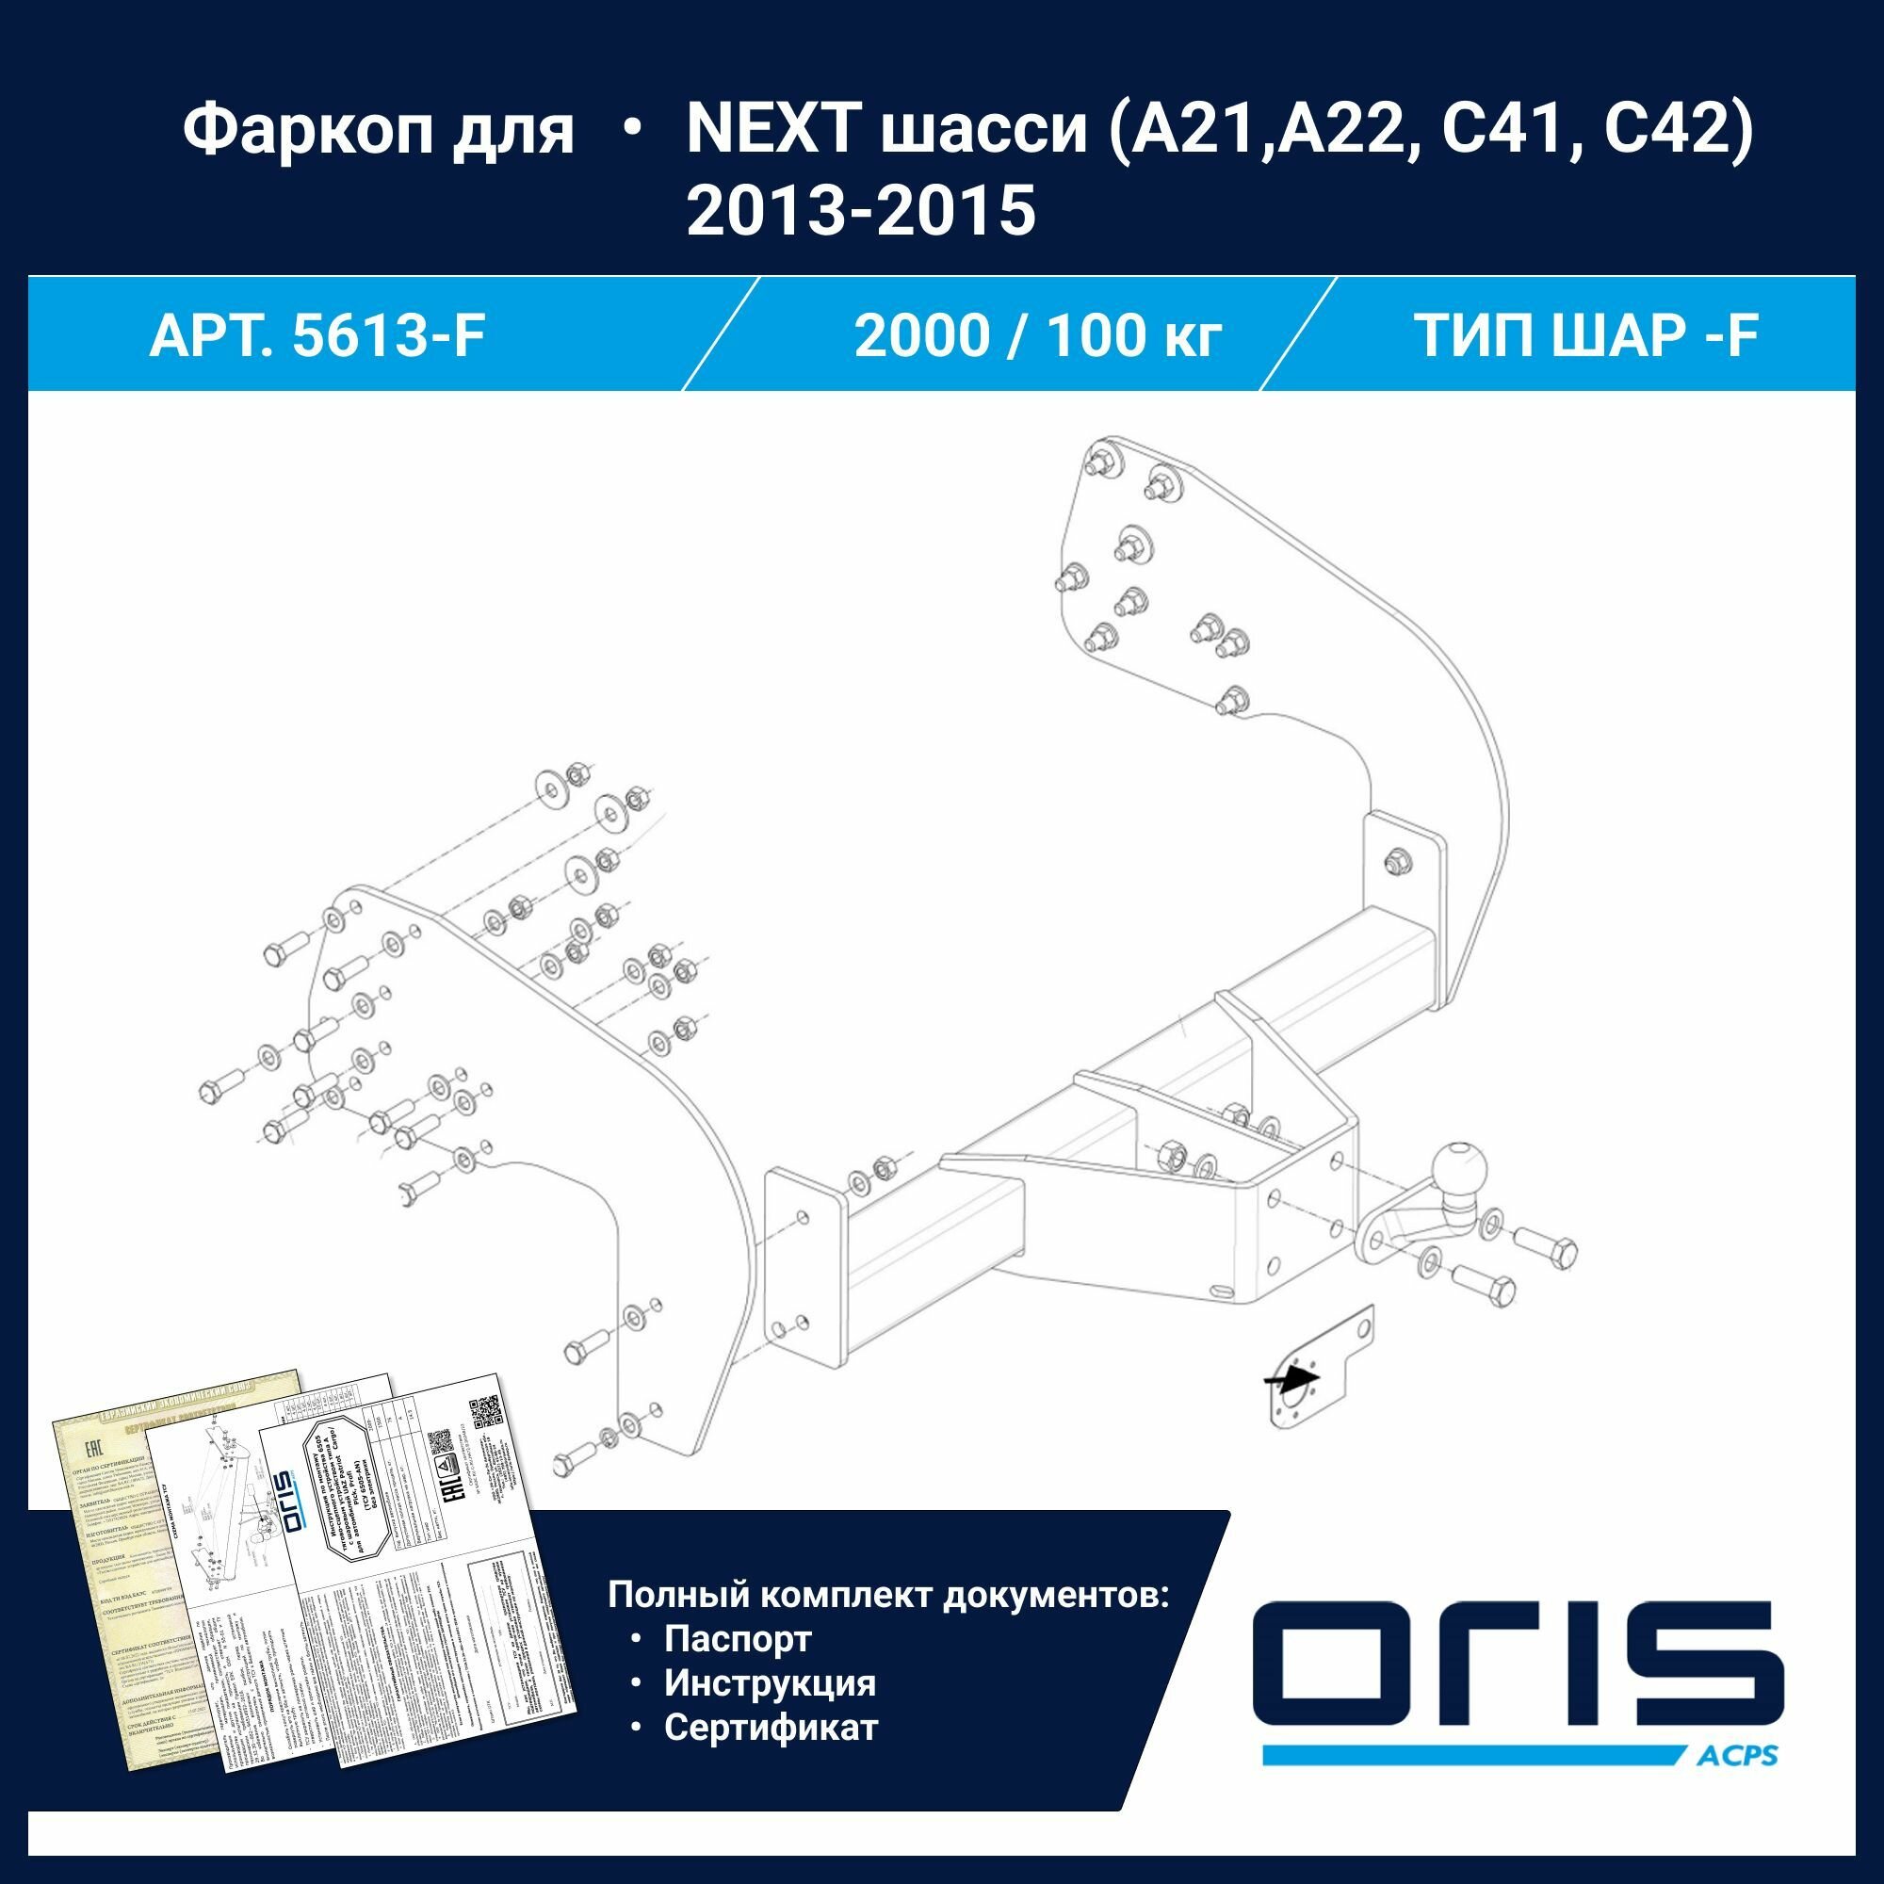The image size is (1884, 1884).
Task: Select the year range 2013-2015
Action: tap(860, 211)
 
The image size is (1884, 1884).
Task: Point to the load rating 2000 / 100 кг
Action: tap(1037, 336)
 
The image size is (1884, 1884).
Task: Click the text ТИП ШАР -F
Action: tap(1585, 336)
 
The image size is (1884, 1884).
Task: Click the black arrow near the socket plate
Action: tap(1292, 1379)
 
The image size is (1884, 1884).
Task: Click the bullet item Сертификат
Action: tap(771, 1727)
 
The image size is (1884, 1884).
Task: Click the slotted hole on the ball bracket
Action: tap(1222, 1291)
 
